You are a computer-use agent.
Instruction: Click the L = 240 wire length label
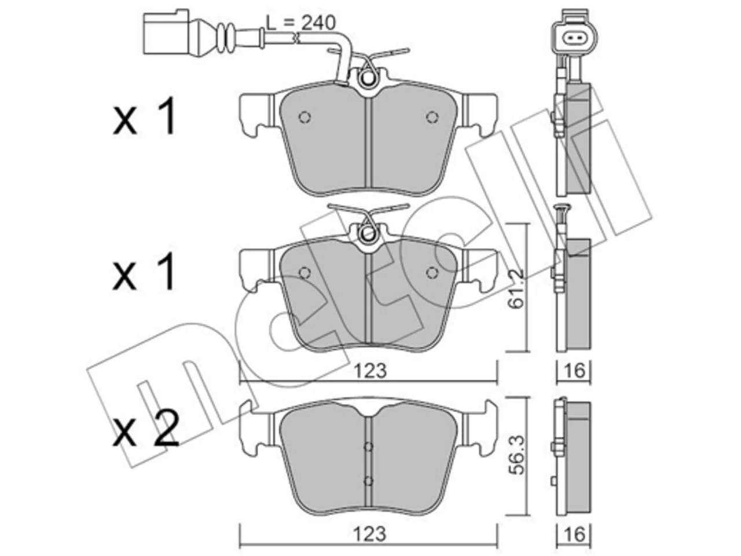(x=300, y=23)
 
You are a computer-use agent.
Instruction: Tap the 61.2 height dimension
(x=516, y=288)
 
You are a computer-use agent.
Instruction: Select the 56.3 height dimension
(x=517, y=455)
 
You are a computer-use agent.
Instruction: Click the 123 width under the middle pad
(x=370, y=371)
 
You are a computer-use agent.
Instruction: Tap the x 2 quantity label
(x=145, y=430)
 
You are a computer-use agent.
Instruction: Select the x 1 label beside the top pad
(x=144, y=116)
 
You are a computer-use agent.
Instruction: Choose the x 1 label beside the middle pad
(x=144, y=272)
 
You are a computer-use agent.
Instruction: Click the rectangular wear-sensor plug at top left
(x=166, y=32)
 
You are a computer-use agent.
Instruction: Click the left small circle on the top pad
(x=305, y=117)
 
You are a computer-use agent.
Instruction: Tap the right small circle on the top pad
(x=432, y=117)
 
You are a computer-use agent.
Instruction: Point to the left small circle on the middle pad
(x=305, y=272)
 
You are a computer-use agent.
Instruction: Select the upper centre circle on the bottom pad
(x=368, y=447)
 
